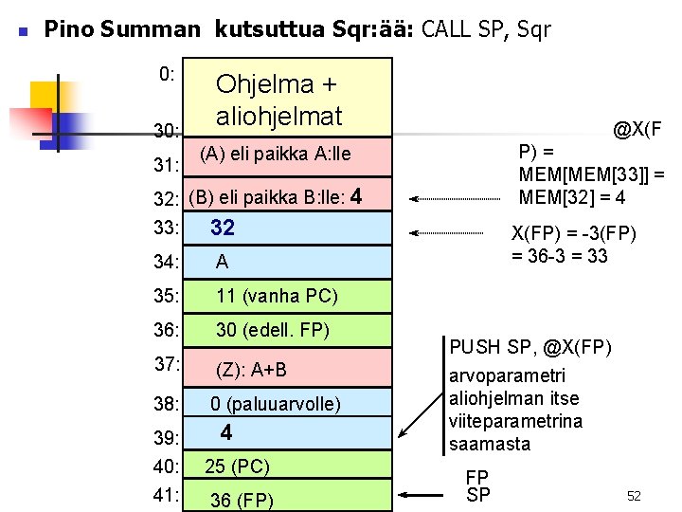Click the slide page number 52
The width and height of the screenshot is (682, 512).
(x=635, y=496)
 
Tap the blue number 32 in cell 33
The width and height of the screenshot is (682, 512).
(x=223, y=228)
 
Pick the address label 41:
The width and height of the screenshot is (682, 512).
(x=166, y=494)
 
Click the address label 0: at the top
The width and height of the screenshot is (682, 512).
(x=167, y=74)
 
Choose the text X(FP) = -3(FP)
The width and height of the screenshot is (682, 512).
(x=573, y=234)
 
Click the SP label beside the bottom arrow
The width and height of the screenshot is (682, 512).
(x=478, y=495)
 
